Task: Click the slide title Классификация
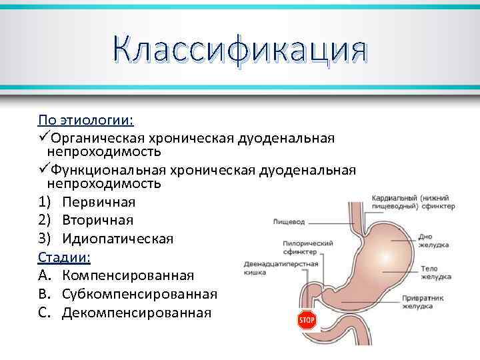click(x=240, y=51)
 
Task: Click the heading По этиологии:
click(x=85, y=121)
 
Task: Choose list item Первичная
click(x=99, y=201)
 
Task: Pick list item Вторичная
click(x=97, y=220)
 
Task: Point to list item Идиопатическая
click(x=117, y=238)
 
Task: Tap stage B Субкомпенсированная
click(x=139, y=294)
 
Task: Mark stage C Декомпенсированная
click(x=136, y=312)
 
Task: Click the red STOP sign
click(x=306, y=321)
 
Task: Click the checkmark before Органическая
click(x=44, y=137)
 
